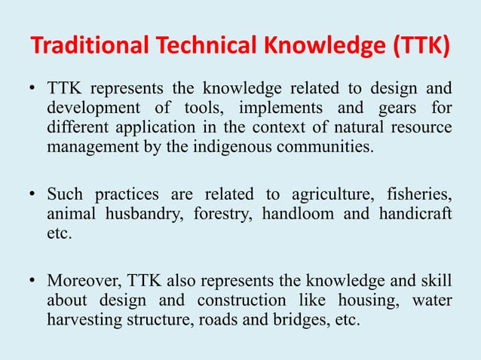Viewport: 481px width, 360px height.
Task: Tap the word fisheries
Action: click(418, 195)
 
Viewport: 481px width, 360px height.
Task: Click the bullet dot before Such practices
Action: click(33, 195)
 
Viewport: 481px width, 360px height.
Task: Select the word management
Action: click(89, 145)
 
